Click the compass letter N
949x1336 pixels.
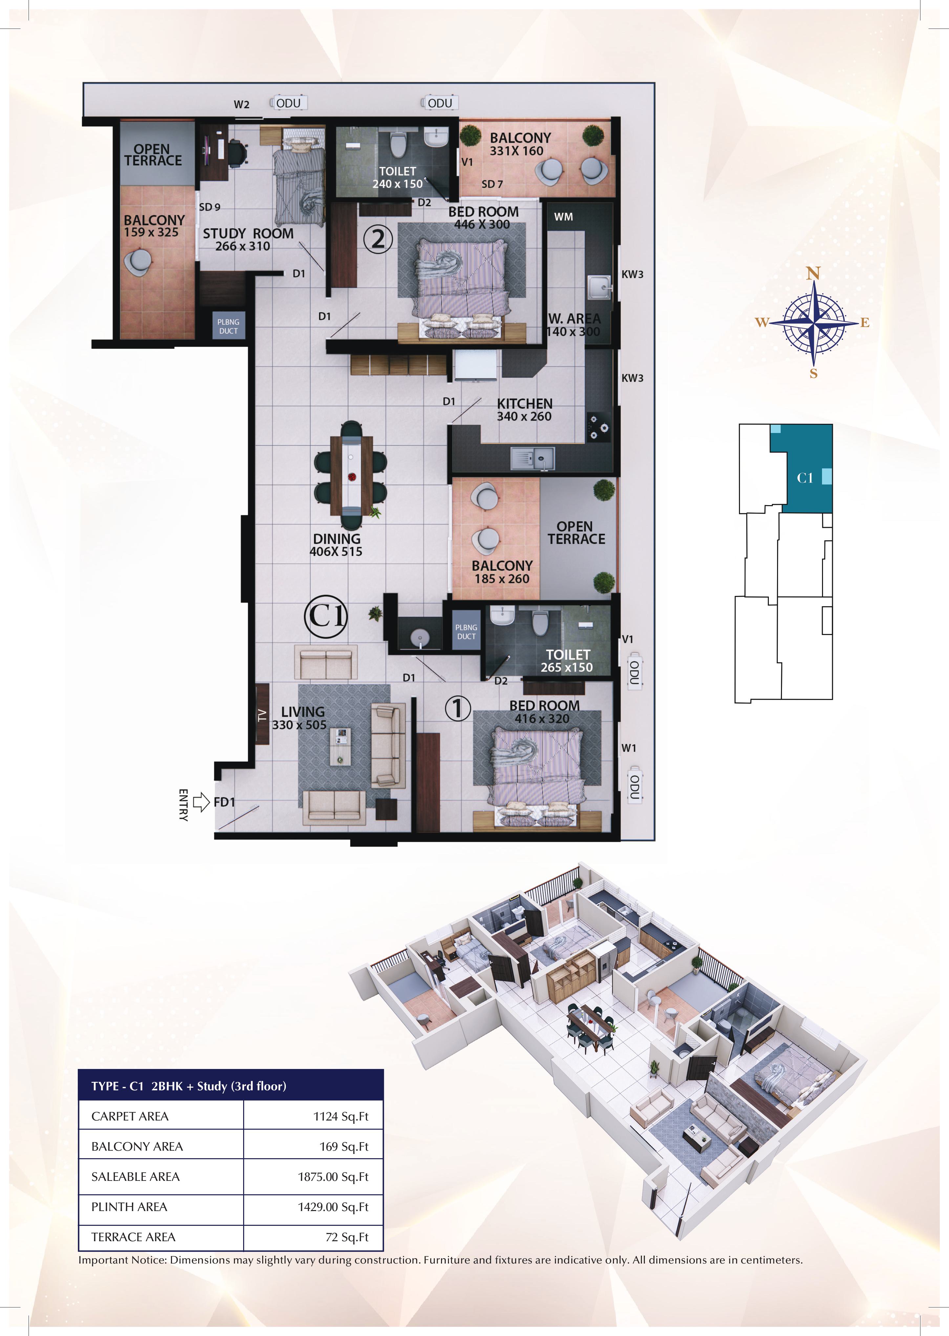click(813, 273)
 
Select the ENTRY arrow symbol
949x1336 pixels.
click(201, 802)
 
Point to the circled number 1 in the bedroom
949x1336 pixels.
click(457, 709)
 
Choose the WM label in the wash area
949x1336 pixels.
click(563, 217)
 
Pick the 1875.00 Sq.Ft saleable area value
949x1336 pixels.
click(332, 1177)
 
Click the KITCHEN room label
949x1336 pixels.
click(524, 404)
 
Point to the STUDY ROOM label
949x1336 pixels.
click(248, 234)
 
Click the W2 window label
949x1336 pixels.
click(241, 105)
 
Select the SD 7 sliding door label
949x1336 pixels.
click(492, 184)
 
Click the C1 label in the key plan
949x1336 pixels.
click(805, 478)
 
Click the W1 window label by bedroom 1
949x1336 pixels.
click(629, 748)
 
